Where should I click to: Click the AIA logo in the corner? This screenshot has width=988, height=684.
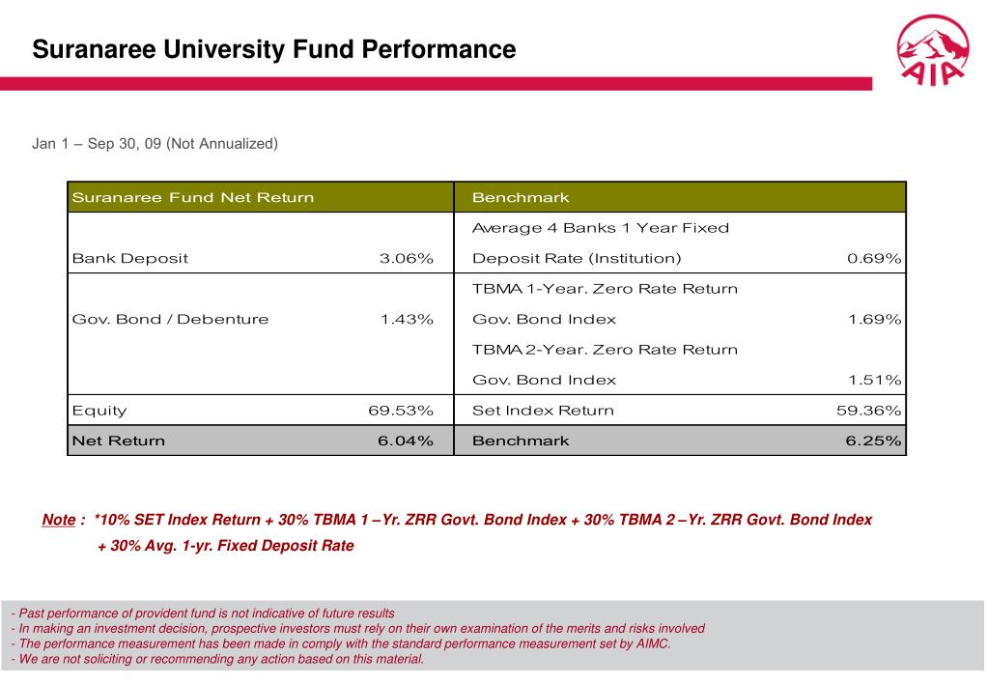pyautogui.click(x=932, y=53)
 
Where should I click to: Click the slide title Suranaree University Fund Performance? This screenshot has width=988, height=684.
pyautogui.click(x=274, y=49)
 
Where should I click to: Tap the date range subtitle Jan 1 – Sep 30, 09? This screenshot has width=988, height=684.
pyautogui.click(x=155, y=144)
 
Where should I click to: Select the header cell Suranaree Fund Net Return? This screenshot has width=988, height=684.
pyautogui.click(x=193, y=198)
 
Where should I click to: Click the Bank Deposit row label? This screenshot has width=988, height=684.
pyautogui.click(x=130, y=259)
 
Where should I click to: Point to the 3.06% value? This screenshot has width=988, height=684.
pyautogui.click(x=407, y=259)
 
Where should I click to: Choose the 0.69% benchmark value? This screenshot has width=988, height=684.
pyautogui.click(x=874, y=259)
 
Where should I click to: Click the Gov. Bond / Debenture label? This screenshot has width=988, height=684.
pyautogui.click(x=171, y=320)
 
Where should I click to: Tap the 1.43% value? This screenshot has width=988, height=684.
pyautogui.click(x=407, y=320)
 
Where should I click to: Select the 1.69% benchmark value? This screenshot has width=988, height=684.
pyautogui.click(x=874, y=320)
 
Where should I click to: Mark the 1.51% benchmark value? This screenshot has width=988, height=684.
pyautogui.click(x=874, y=381)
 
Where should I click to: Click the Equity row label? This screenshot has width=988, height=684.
pyautogui.click(x=99, y=411)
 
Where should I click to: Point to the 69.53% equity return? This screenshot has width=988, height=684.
pyautogui.click(x=401, y=411)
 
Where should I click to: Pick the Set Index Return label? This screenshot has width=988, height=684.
pyautogui.click(x=543, y=411)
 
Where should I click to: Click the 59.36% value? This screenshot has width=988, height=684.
pyautogui.click(x=868, y=411)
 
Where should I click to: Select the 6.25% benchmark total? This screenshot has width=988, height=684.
pyautogui.click(x=874, y=442)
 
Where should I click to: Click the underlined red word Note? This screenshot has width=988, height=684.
pyautogui.click(x=59, y=520)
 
